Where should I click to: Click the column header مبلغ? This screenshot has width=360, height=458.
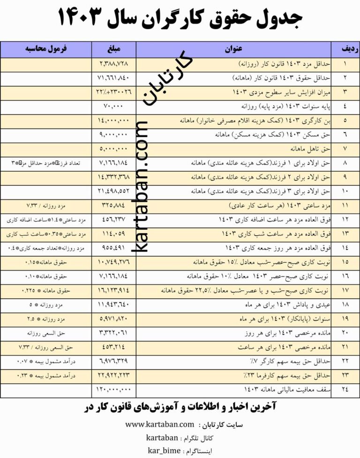[113, 49]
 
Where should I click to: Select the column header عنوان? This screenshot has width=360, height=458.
[232, 49]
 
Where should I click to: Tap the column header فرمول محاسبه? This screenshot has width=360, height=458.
[45, 49]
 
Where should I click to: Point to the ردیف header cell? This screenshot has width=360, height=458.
[345, 49]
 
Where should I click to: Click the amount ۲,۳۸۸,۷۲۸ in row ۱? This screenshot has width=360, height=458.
[113, 63]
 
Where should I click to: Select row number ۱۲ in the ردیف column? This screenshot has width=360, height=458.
[345, 220]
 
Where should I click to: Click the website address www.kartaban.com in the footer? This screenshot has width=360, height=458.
[159, 425]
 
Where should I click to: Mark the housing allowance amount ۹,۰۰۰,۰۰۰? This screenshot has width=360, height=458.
[113, 134]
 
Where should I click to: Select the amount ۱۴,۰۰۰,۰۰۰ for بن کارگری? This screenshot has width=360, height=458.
[113, 120]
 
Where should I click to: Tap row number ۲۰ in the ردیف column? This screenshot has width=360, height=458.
[345, 333]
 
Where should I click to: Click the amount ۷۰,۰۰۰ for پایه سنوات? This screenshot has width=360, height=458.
[113, 106]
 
